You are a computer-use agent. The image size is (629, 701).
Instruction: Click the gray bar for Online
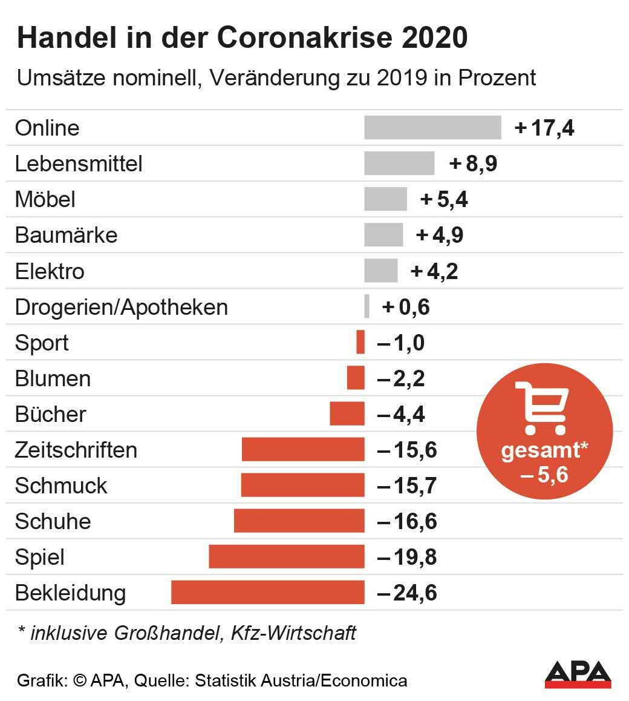click(x=432, y=128)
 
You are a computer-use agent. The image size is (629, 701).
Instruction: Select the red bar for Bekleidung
click(x=268, y=593)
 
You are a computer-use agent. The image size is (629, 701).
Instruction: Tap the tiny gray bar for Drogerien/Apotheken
click(x=367, y=306)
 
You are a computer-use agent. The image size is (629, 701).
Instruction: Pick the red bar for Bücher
click(x=347, y=414)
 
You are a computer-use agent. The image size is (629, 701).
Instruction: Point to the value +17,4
click(x=544, y=128)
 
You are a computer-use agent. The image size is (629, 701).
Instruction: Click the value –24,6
click(x=407, y=593)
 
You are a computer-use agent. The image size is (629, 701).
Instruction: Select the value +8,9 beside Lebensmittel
click(x=474, y=164)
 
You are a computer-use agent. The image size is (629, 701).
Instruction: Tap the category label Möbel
click(x=45, y=199)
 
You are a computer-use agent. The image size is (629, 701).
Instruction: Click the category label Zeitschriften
click(x=76, y=450)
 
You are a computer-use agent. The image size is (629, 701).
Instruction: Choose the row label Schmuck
click(x=61, y=485)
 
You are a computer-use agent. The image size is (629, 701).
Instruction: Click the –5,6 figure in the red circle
click(x=544, y=475)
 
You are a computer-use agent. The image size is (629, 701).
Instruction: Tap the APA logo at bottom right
click(x=578, y=674)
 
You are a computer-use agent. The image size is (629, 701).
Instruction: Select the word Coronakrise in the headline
click(x=299, y=38)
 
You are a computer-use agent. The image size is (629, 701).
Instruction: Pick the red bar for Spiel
click(x=287, y=557)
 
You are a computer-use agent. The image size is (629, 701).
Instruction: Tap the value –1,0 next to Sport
click(x=401, y=343)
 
